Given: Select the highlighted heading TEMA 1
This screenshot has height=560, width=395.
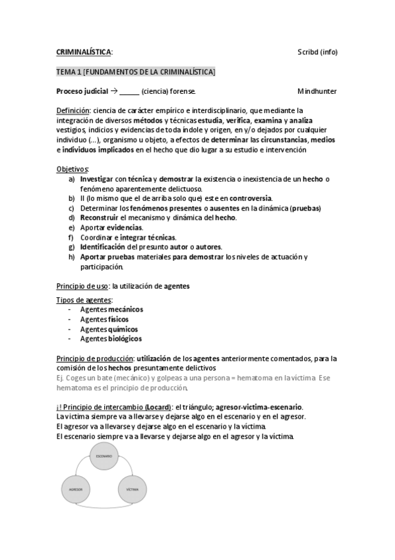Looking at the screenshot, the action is click(x=135, y=71).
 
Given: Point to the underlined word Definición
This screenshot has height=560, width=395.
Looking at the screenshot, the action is click(x=73, y=111).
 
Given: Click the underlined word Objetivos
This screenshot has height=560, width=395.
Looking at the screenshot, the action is click(x=72, y=170).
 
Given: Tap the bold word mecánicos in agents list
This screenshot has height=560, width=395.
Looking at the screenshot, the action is click(x=125, y=309).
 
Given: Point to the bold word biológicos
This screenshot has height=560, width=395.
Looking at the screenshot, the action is click(x=125, y=339).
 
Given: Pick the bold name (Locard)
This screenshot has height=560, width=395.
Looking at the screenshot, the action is click(x=154, y=407).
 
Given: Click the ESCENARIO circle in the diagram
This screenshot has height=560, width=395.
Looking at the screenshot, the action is click(x=104, y=457).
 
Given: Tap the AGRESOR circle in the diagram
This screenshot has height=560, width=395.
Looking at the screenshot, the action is click(x=75, y=489).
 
